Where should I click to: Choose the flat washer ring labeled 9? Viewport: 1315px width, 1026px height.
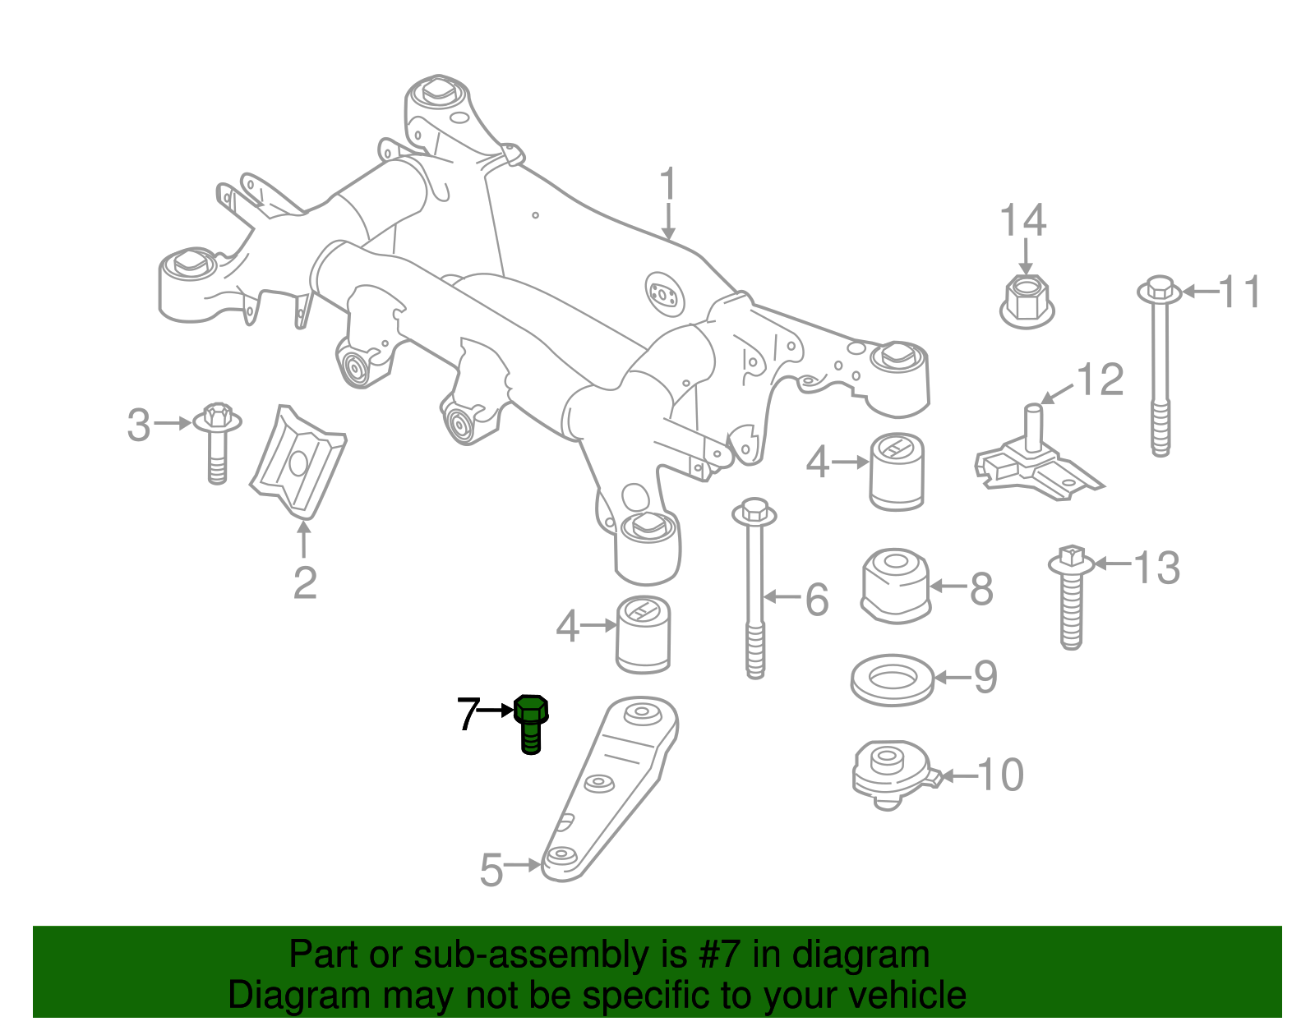892,679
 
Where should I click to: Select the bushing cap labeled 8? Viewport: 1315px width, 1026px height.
896,585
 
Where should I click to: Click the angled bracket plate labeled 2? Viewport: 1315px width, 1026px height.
298,462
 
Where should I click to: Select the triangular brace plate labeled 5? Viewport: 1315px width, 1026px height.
612,789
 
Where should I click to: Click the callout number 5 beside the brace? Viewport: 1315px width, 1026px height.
491,870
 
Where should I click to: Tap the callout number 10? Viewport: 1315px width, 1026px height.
1001,775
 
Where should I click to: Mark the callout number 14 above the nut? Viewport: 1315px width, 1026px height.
1023,221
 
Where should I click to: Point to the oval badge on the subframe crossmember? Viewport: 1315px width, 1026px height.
665,292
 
